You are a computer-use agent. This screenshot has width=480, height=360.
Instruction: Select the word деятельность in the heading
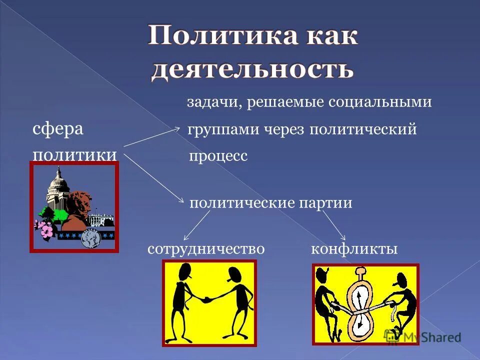click(x=252, y=69)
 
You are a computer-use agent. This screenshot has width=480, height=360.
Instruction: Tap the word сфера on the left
click(x=58, y=129)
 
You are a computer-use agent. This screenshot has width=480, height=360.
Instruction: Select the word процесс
click(x=218, y=156)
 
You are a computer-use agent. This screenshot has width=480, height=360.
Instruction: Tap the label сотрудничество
click(x=205, y=248)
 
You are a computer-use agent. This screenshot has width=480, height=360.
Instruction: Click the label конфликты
click(x=354, y=248)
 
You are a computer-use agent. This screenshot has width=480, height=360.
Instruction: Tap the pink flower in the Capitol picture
click(x=46, y=230)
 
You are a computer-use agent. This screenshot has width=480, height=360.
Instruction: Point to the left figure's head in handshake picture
click(x=183, y=272)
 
